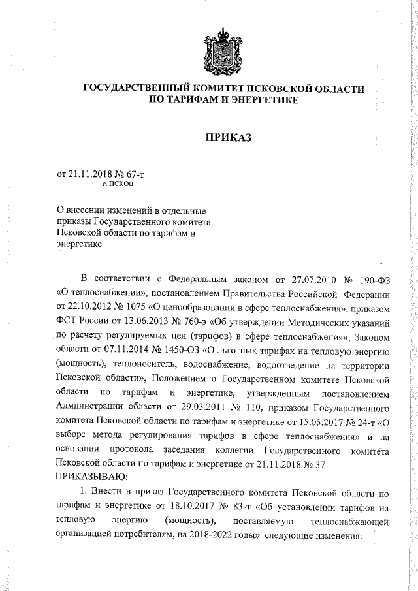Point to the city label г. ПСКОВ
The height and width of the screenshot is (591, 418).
(118, 184)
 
